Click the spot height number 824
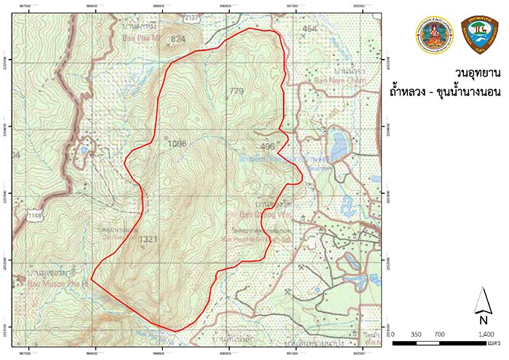point(178,39)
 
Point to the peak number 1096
point(177,143)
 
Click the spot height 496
point(268,146)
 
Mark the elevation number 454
point(310,28)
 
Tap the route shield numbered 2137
point(191,16)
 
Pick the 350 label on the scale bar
point(417,333)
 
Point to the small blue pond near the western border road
point(85,151)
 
